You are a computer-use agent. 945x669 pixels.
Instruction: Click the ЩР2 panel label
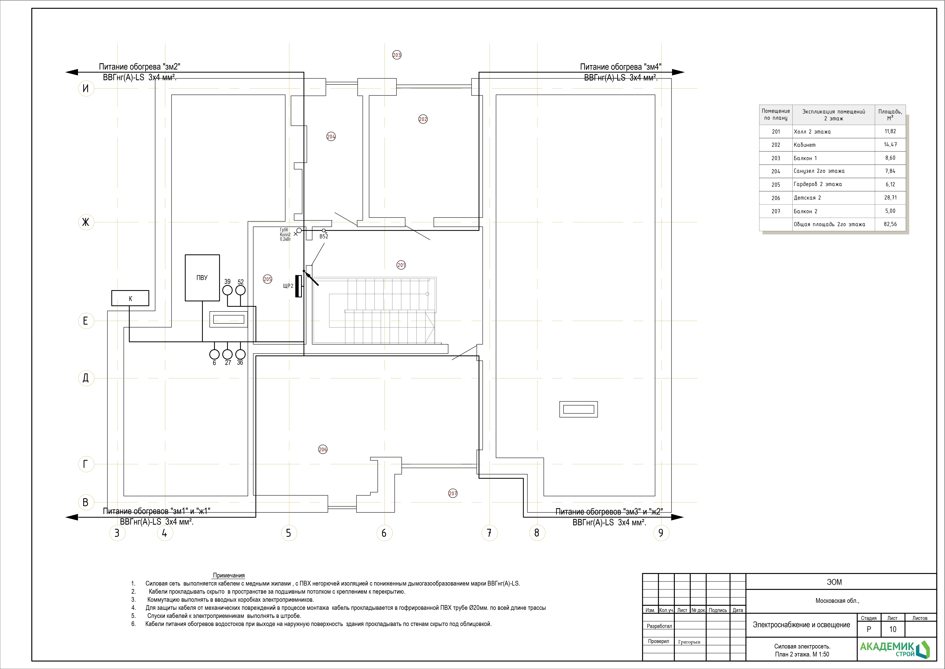(x=288, y=286)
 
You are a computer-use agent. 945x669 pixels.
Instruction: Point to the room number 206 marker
(x=323, y=449)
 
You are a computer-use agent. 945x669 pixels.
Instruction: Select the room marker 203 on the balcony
(x=397, y=55)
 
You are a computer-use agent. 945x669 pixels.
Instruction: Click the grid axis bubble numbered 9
(x=661, y=533)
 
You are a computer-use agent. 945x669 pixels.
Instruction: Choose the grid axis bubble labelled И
(x=86, y=88)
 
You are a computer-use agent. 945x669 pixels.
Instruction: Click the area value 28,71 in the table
(x=890, y=198)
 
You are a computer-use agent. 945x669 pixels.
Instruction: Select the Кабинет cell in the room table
(x=805, y=145)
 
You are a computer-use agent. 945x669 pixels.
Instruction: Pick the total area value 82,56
(x=890, y=224)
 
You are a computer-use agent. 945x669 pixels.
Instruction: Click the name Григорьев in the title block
(x=689, y=642)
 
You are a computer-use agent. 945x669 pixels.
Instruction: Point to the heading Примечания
(x=229, y=575)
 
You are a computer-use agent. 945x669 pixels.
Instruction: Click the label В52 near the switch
(x=324, y=236)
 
